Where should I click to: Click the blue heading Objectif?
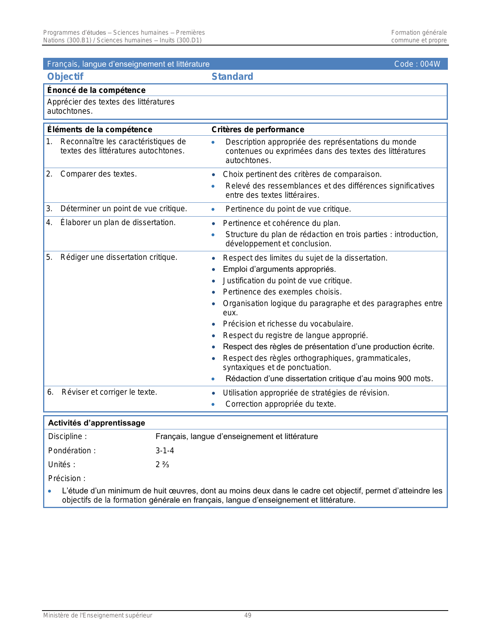65,77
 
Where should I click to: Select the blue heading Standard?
232,77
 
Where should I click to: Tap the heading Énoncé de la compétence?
96,90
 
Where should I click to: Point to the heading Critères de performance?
258,130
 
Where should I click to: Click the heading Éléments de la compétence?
100,130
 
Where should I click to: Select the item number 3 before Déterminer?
49,209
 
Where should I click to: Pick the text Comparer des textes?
99,174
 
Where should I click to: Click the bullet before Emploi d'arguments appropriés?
214,270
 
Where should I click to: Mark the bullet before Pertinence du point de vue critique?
213,210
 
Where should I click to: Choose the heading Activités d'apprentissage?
97,423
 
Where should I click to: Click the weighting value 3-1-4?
165,451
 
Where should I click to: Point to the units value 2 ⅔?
162,465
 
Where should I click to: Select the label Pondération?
72,451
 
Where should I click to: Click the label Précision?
67,479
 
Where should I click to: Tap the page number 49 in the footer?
248,616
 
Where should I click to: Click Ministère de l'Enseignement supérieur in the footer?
98,616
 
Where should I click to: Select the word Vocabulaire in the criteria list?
334,324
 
